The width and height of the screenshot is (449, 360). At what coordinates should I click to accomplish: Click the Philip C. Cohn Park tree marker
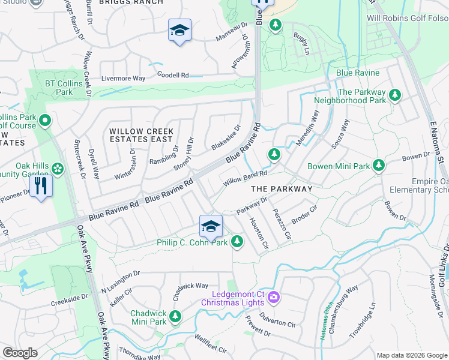238,242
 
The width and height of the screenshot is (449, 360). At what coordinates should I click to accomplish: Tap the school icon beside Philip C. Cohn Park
211,226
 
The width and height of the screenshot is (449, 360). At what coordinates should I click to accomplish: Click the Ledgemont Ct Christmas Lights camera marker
274,296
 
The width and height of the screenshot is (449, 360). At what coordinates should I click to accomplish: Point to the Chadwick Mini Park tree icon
175,316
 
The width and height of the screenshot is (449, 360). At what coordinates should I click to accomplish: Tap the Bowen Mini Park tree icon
378,165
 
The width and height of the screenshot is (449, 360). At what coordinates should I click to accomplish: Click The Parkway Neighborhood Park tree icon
395,94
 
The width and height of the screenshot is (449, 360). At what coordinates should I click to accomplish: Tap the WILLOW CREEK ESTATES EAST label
141,135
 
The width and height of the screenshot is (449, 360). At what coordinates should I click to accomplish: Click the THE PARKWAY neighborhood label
282,188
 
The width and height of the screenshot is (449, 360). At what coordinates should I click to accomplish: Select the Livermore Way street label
123,79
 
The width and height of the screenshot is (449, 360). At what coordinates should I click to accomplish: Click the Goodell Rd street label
173,76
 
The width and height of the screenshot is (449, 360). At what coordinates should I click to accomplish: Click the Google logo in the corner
20,353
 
